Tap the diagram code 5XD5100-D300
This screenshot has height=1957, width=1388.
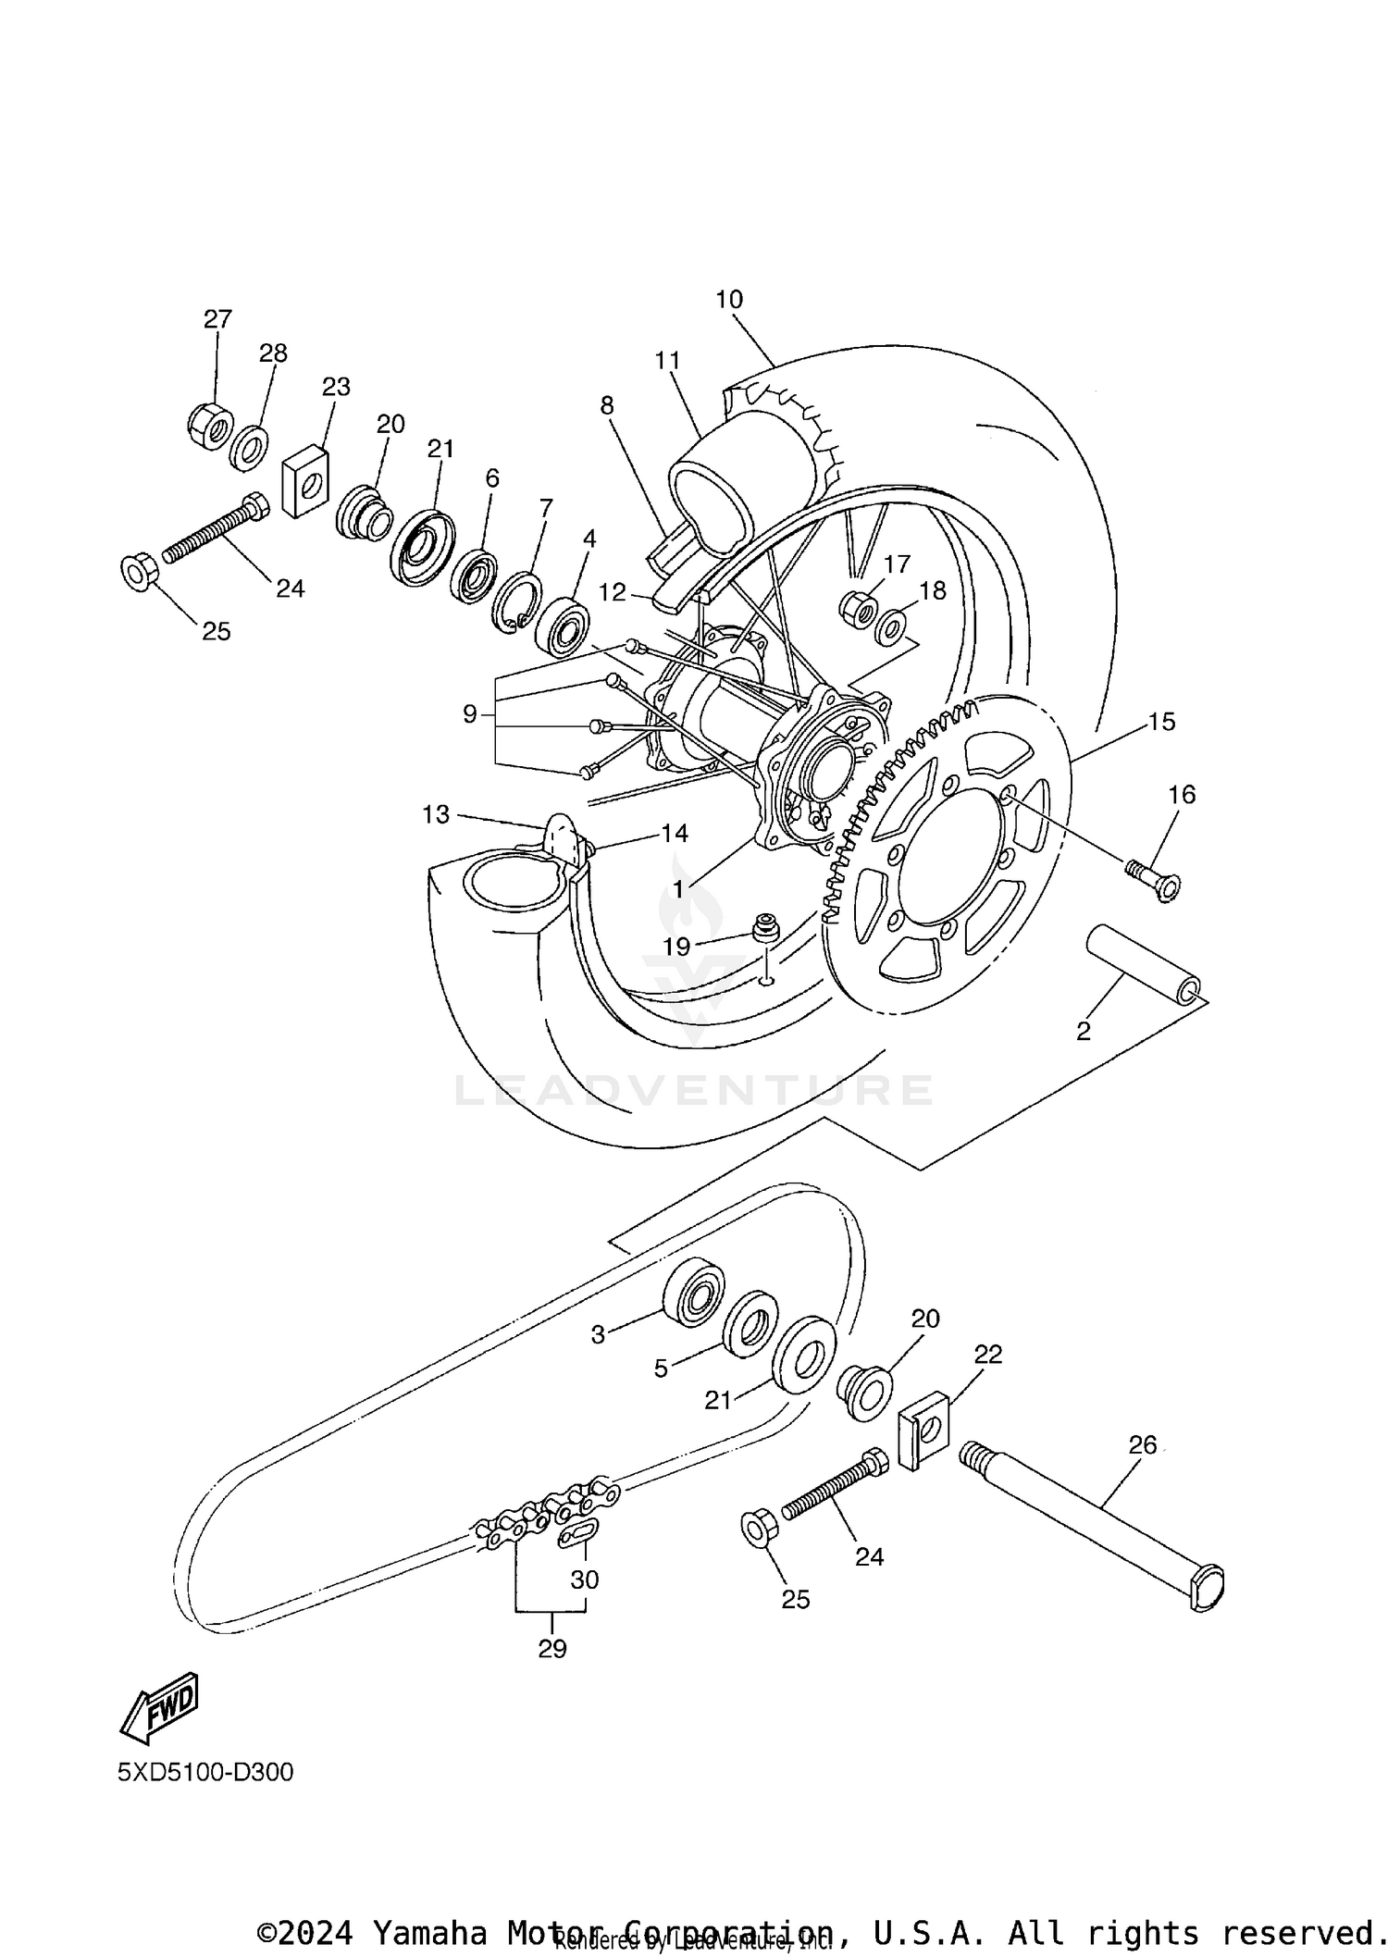tap(204, 1772)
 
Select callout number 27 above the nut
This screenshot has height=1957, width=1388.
tap(217, 319)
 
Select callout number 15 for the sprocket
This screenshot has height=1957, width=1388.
tap(1161, 721)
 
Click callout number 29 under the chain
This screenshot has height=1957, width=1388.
tap(552, 1648)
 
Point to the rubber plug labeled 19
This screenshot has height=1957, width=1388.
tap(764, 928)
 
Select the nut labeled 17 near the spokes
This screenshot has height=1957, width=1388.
tap(857, 607)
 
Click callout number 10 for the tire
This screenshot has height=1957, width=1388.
tap(729, 299)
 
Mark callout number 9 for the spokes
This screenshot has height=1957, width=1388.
tap(470, 714)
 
